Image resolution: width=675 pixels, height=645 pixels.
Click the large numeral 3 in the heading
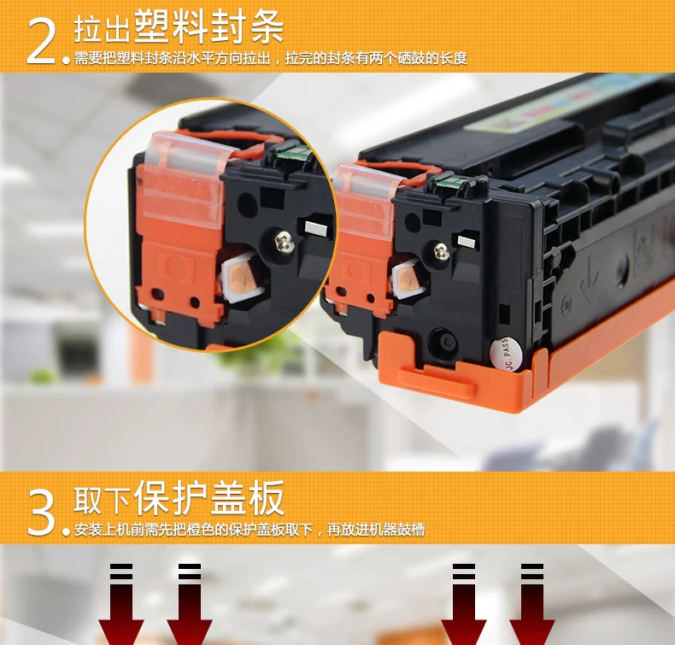41,513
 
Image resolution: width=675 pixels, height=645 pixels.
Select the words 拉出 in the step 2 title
102,29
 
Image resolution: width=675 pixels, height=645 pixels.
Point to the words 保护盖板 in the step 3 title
209,497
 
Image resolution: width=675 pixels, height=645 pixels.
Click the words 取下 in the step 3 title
102,501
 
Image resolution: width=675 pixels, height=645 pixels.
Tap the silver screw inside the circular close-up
285,241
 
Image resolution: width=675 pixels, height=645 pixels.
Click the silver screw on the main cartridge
441,251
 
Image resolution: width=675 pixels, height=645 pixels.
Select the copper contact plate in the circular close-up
243,279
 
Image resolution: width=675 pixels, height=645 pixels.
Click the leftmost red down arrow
121,605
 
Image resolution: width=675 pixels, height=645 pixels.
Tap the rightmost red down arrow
532,605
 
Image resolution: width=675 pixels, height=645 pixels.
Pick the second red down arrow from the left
190,605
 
